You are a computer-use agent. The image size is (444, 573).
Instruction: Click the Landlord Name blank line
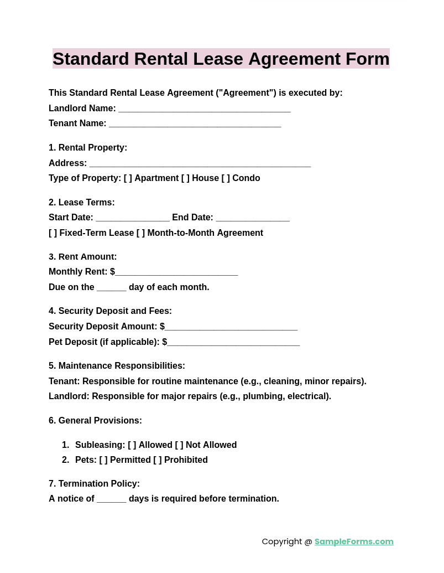point(204,109)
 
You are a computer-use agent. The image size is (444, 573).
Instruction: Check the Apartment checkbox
point(128,178)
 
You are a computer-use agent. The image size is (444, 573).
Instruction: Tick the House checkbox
point(185,178)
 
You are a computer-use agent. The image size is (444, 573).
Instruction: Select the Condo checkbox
point(226,178)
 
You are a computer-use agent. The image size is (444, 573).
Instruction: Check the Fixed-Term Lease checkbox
point(53,233)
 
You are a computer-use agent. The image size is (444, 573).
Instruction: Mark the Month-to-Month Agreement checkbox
point(140,233)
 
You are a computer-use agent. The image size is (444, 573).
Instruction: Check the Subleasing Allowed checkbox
point(132,445)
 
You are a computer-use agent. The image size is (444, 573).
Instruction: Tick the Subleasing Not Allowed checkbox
point(179,445)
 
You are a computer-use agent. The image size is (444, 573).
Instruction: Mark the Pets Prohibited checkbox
point(158,460)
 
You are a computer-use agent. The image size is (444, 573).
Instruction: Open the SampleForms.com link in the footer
point(354,541)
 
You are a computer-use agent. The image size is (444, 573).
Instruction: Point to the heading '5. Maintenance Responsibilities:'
point(117,366)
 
